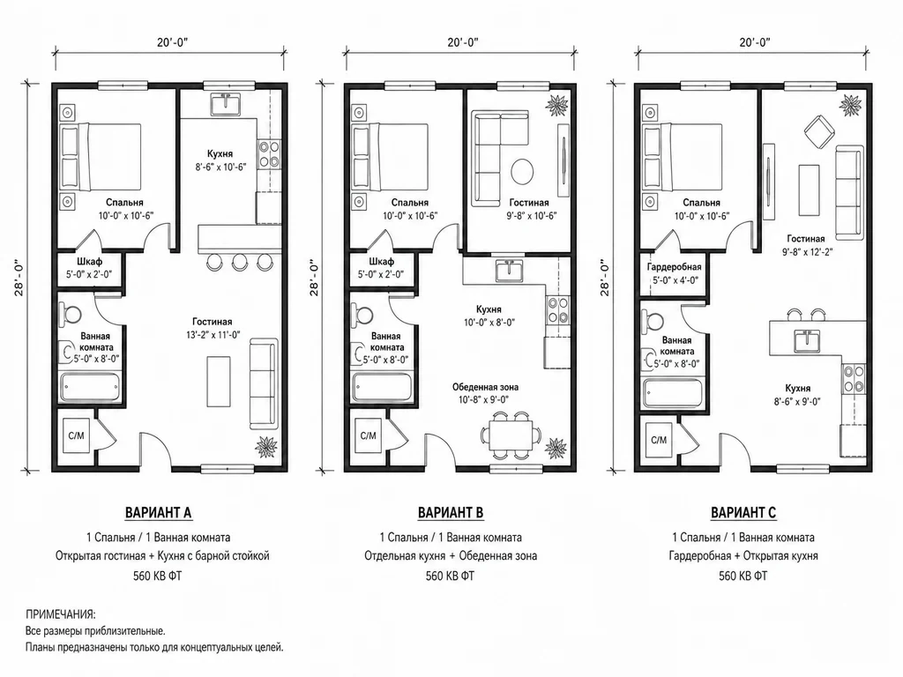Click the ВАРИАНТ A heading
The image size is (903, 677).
[159, 512]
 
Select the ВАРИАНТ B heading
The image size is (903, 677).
[451, 512]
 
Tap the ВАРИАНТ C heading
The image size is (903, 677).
[743, 512]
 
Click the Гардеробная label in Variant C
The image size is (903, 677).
[674, 267]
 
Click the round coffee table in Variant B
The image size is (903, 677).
[522, 172]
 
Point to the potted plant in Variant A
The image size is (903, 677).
[266, 447]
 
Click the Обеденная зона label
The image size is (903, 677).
[485, 387]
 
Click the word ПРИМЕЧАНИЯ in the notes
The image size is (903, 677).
[61, 614]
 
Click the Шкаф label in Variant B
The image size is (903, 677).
[381, 262]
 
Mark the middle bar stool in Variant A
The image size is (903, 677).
[239, 262]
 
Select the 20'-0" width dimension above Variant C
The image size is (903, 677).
[754, 42]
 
